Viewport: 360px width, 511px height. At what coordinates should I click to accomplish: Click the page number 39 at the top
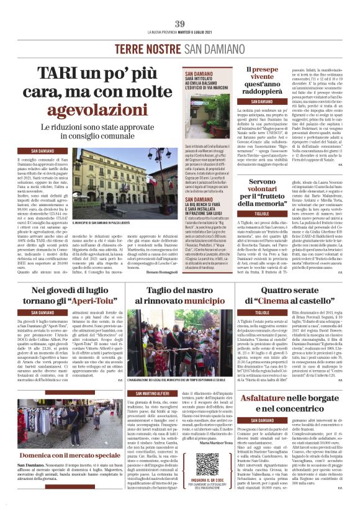(x=180, y=24)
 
